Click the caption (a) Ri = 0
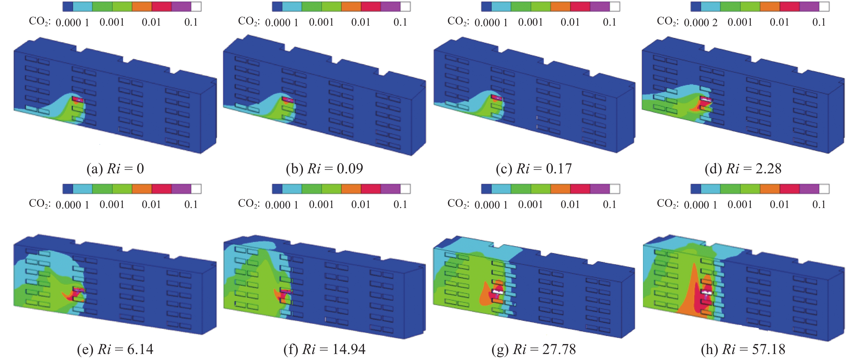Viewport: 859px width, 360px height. (115, 168)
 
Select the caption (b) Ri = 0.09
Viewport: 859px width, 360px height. (324, 168)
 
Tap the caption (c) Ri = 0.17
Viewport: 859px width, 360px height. (534, 168)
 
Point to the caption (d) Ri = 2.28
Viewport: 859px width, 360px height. (743, 168)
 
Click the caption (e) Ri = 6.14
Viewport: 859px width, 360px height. (115, 349)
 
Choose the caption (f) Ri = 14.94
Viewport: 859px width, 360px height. (324, 349)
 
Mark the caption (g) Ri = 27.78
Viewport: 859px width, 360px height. (534, 349)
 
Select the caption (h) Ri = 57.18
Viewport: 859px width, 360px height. (743, 349)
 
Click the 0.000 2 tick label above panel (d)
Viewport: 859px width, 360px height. (700, 22)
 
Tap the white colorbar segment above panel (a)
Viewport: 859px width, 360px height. (196, 6)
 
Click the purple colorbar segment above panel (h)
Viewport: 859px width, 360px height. (809, 189)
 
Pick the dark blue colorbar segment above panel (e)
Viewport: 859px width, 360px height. (68, 189)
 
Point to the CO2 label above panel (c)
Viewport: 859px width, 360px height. (458, 21)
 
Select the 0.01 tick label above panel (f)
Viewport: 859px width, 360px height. (361, 204)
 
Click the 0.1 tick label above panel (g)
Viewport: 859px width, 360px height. (609, 204)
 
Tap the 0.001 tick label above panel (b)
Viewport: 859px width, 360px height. (321, 22)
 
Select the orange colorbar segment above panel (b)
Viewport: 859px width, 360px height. (351, 6)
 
